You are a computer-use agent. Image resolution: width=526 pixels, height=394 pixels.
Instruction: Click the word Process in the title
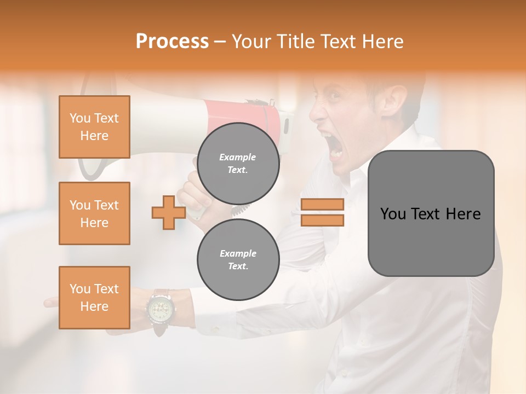click(172, 42)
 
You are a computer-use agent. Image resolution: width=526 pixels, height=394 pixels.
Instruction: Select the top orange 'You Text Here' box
click(94, 127)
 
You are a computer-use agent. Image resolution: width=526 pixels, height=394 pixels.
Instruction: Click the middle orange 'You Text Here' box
click(94, 213)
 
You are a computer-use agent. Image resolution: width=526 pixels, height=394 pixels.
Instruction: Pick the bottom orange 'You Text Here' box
click(94, 298)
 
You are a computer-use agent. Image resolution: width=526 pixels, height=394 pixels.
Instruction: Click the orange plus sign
click(168, 212)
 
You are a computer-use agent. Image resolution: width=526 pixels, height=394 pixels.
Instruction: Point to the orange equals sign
click(322, 212)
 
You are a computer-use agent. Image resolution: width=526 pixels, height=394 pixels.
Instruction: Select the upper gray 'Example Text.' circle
click(238, 164)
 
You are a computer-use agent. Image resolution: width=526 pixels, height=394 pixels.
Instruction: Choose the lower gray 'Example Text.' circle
click(238, 259)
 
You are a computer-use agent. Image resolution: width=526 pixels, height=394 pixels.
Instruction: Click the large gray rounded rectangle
click(431, 213)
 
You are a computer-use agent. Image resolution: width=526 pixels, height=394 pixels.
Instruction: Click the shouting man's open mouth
click(335, 143)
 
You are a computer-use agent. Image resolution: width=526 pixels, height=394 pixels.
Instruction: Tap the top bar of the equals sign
click(322, 205)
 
